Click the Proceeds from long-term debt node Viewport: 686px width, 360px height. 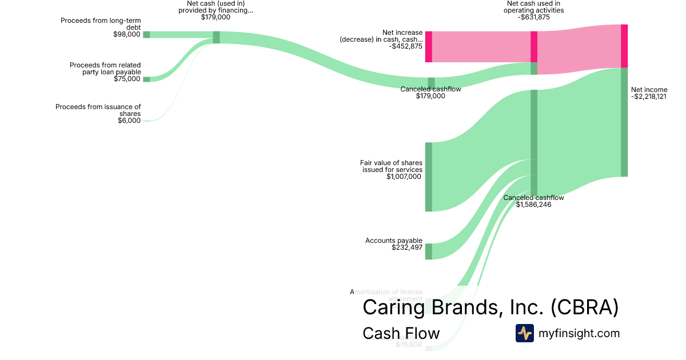[x=146, y=34]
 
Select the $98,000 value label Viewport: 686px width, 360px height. [x=127, y=34]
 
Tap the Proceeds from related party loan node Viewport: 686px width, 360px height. [x=146, y=79]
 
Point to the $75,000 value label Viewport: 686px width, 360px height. [x=127, y=79]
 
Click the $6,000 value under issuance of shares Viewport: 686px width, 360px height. [x=129, y=121]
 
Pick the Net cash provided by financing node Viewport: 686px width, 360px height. [x=216, y=37]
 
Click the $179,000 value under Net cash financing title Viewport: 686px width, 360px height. [x=216, y=17]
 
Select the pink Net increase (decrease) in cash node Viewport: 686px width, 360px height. [x=428, y=47]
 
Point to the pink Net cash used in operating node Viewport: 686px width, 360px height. [x=534, y=46]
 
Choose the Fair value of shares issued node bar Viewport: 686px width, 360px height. [x=428, y=177]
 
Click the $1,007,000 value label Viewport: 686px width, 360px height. [x=404, y=177]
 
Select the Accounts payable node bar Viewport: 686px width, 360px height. [x=428, y=251]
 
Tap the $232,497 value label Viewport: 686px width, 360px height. [x=406, y=248]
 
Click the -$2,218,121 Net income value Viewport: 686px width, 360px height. [x=649, y=97]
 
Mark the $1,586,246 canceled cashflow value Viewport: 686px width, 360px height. [x=533, y=205]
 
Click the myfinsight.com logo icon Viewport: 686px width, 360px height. [x=524, y=333]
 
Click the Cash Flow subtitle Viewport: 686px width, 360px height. [x=401, y=333]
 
